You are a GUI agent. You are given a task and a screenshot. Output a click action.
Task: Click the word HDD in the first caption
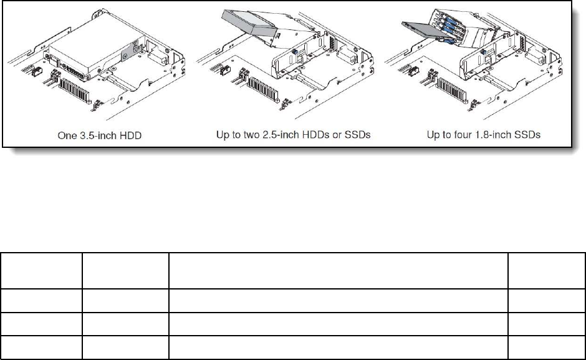(132, 135)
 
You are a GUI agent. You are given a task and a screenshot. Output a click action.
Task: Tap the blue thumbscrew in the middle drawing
(295, 52)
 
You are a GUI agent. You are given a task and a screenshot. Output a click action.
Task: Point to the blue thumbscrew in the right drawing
(484, 52)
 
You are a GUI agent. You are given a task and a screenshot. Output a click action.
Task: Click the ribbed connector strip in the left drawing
(75, 91)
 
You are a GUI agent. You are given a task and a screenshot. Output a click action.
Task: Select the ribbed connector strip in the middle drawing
(264, 90)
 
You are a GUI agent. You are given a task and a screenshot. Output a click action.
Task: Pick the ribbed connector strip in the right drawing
(452, 90)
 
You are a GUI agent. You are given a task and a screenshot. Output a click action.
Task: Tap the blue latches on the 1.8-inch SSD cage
(446, 28)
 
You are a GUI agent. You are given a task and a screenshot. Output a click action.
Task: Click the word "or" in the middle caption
(337, 135)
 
